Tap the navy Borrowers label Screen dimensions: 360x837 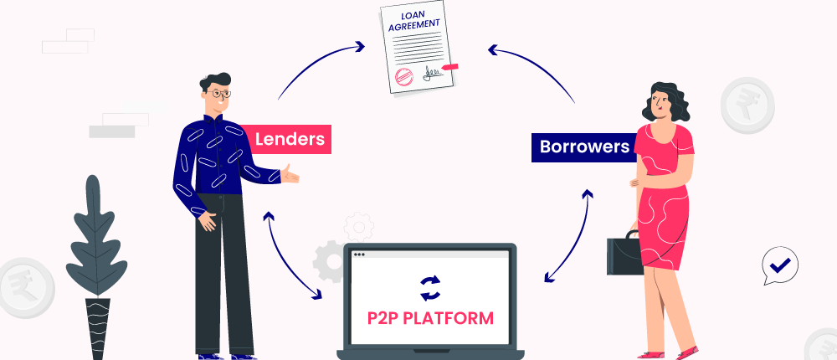coord(583,147)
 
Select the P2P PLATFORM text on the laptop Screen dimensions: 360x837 coord(429,318)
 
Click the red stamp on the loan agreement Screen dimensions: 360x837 coord(403,77)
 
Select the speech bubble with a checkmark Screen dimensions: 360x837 coord(780,266)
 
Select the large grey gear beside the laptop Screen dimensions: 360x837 coord(329,260)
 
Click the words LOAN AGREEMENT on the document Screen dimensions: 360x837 coord(416,22)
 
